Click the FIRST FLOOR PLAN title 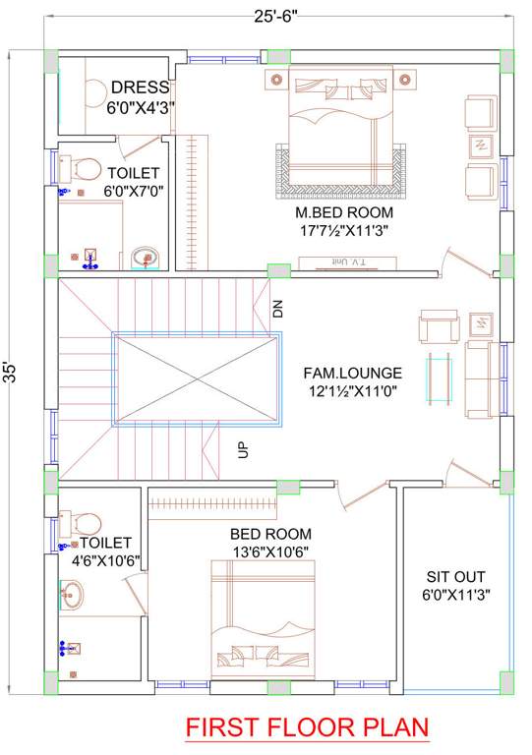coord(307,728)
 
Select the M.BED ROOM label coord(344,212)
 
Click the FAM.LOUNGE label coord(352,374)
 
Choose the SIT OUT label coord(455,576)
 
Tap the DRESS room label coord(140,87)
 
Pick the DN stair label coord(278,310)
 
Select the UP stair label coord(242,450)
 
